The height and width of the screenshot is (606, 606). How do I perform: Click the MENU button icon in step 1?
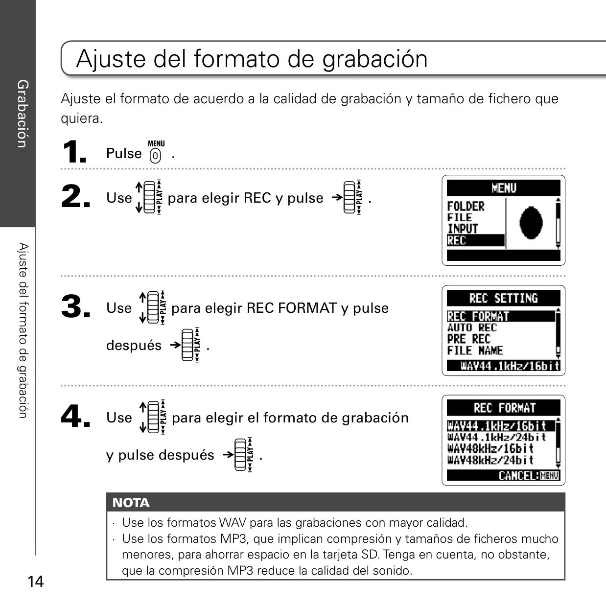tap(156, 152)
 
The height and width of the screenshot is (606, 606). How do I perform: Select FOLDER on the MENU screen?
tap(466, 206)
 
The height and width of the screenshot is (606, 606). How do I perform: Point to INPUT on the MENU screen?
tap(463, 229)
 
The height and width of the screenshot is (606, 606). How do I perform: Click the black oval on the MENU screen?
tap(531, 223)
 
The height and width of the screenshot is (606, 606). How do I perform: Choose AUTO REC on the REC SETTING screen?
tap(472, 327)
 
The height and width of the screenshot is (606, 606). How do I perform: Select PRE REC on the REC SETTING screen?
tap(469, 339)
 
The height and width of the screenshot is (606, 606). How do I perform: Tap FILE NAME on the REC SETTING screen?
tap(475, 350)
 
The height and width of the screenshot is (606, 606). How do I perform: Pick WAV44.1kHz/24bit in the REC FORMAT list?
tap(496, 437)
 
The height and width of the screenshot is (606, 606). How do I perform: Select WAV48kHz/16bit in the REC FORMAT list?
tap(490, 448)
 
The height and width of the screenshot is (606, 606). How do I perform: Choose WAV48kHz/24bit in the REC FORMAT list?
tap(490, 460)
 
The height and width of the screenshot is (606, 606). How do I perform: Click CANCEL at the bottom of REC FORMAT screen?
tap(518, 475)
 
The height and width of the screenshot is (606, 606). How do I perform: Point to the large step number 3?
tap(75, 306)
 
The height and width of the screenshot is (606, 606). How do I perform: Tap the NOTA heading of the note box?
tap(131, 503)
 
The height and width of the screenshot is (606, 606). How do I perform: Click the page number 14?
tap(36, 582)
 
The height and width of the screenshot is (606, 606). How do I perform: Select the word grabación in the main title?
tap(375, 59)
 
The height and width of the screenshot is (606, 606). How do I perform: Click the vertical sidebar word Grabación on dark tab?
tap(23, 114)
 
